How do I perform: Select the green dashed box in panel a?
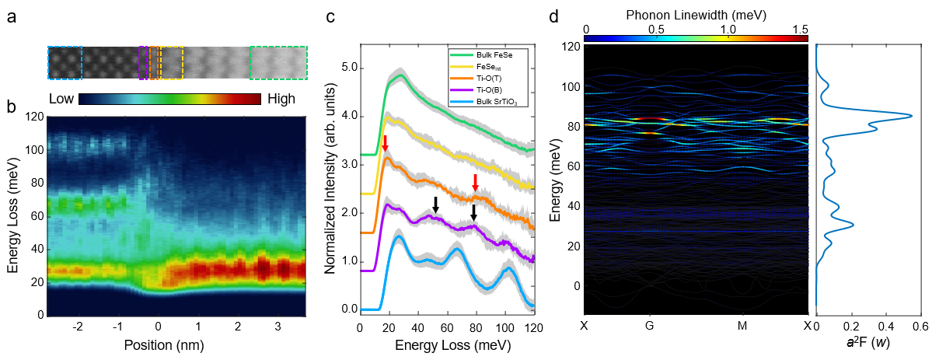coord(278,63)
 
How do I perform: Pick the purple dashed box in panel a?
coord(143,63)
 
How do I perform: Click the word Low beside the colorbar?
coord(61,100)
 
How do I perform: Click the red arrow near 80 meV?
coord(476,183)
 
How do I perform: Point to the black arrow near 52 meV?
coord(435,204)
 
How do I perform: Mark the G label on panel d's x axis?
coord(649,325)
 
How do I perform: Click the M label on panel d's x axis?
coord(742,325)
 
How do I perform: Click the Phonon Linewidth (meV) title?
coord(696,14)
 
